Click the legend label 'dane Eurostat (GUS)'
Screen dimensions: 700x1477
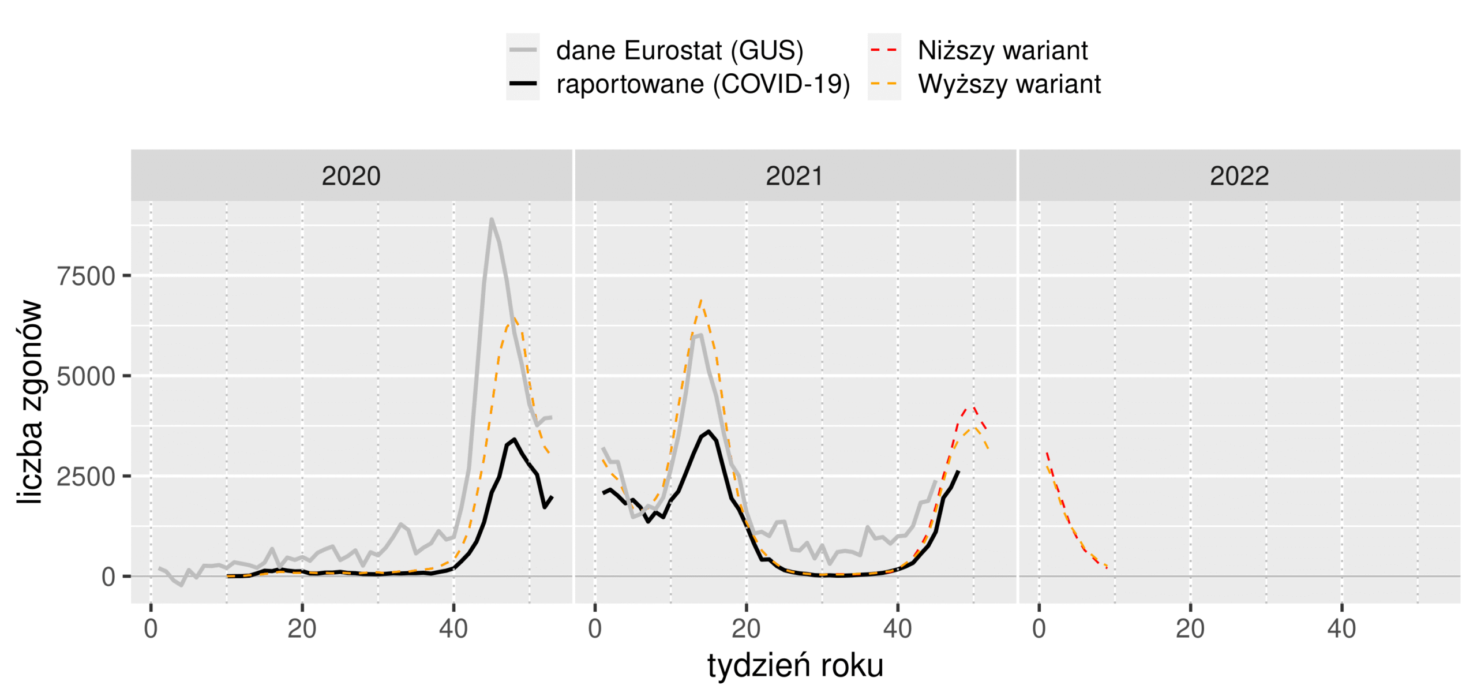(x=679, y=51)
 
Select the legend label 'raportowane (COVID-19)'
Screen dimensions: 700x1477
(x=702, y=84)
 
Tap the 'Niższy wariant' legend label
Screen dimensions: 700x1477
(x=1002, y=51)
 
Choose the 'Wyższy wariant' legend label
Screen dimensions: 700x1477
(x=1009, y=84)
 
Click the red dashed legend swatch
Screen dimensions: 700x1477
(x=883, y=50)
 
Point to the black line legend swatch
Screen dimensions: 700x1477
(x=523, y=84)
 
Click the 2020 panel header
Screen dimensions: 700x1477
(x=351, y=176)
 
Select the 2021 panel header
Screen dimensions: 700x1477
(x=794, y=176)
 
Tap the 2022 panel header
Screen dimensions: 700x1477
(x=1239, y=176)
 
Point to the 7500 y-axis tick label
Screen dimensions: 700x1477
(x=86, y=276)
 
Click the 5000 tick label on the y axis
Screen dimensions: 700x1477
(x=86, y=377)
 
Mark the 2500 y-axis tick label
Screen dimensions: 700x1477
(x=86, y=477)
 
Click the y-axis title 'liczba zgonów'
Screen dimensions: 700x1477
(x=30, y=402)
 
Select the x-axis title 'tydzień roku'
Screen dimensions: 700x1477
(x=795, y=665)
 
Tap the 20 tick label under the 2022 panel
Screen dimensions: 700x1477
(x=1190, y=628)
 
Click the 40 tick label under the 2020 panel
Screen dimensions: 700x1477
(x=453, y=628)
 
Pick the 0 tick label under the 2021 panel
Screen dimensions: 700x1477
(x=595, y=628)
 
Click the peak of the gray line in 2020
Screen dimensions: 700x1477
(x=491, y=219)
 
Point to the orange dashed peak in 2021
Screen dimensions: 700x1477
(x=700, y=300)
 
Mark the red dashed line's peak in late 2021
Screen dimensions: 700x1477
(x=973, y=407)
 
